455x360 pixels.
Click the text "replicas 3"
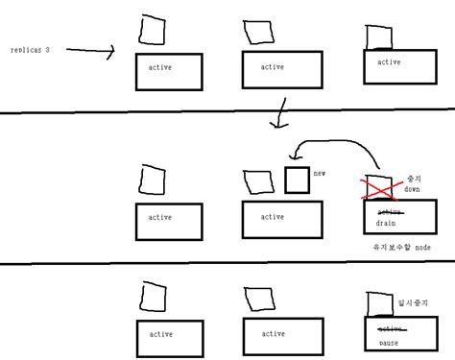(x=30, y=48)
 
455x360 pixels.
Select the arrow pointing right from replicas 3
(x=91, y=51)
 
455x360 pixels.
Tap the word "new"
(x=321, y=173)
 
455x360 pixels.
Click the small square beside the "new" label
(x=297, y=180)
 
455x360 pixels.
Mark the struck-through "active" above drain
(x=389, y=211)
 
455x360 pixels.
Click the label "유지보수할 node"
(x=401, y=248)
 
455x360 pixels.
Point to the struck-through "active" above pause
(x=389, y=329)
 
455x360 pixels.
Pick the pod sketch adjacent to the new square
(x=259, y=180)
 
